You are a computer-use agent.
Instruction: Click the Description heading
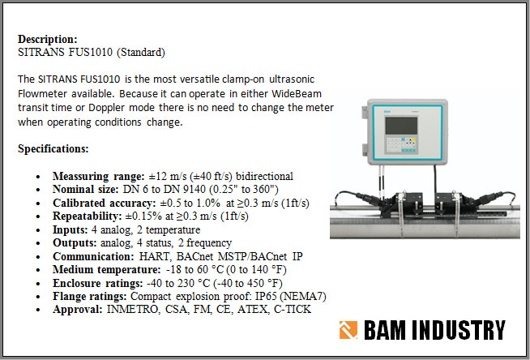point(48,39)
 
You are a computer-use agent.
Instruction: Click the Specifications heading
point(53,149)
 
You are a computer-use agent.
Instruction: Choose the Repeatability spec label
point(87,216)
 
